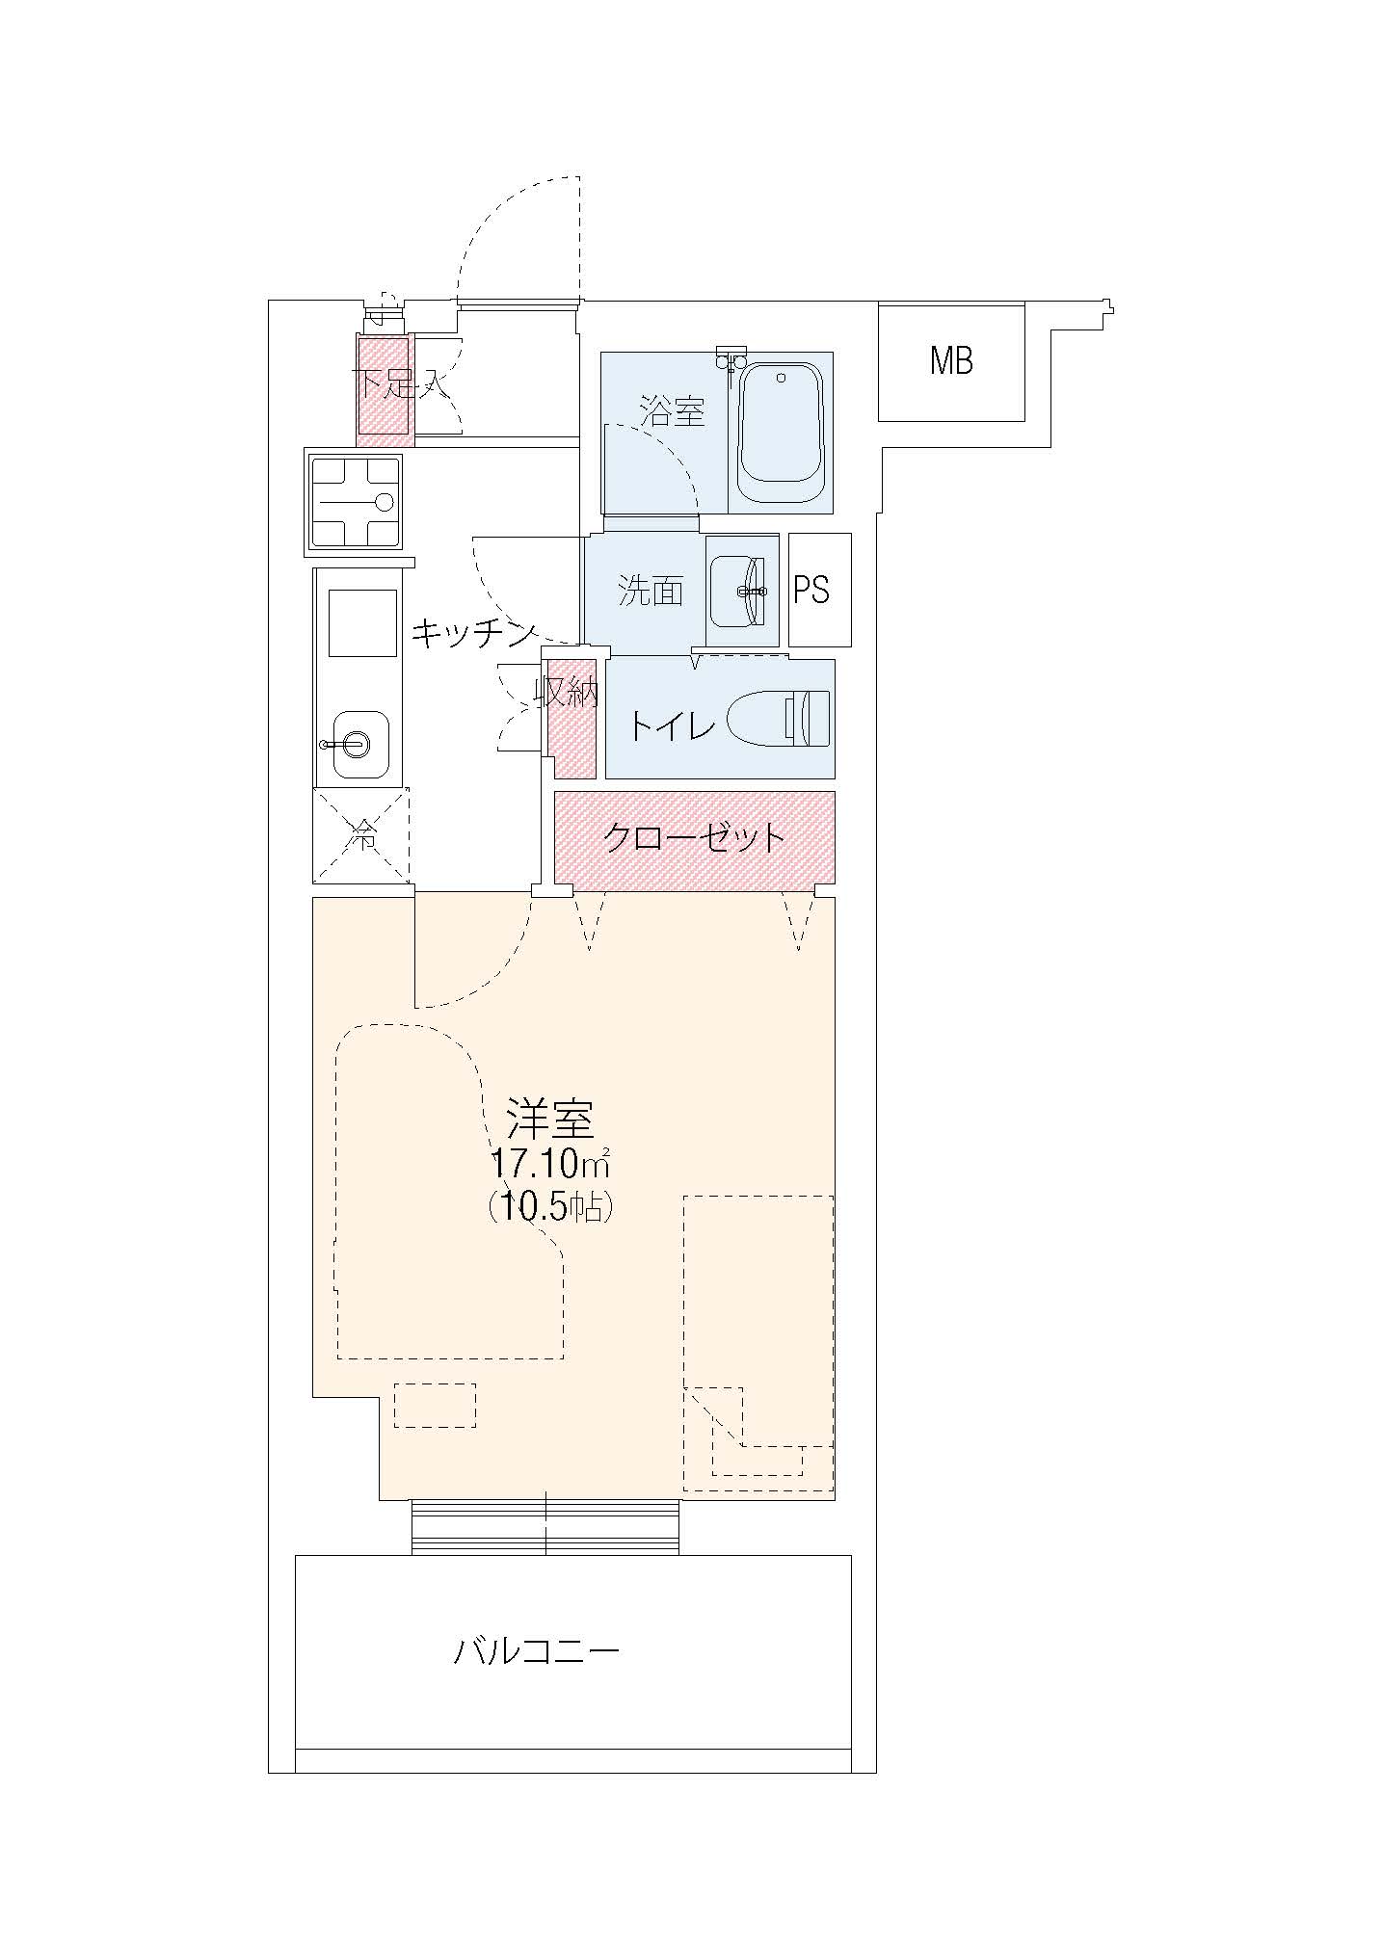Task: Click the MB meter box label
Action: point(951,361)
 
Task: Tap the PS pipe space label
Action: point(811,590)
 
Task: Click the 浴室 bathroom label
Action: point(673,412)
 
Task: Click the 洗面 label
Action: point(651,591)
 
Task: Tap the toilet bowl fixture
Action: point(778,718)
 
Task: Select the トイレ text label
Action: point(672,725)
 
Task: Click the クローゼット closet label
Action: point(694,838)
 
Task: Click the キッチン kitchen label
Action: point(473,633)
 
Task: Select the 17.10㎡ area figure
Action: point(549,1165)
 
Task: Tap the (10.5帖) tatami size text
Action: point(550,1206)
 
